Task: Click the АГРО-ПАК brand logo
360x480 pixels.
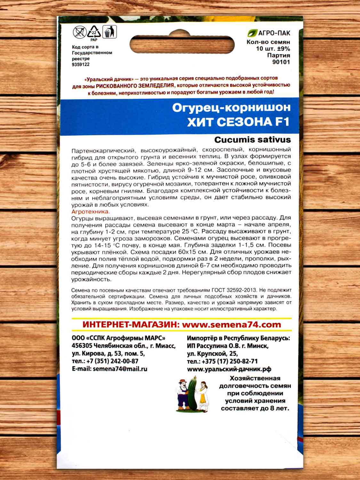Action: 269,33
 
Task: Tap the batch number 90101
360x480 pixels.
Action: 281,62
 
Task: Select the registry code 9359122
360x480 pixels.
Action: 81,64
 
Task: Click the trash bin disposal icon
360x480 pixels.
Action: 109,32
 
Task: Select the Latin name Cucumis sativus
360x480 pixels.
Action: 252,140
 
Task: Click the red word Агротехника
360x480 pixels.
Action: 91,212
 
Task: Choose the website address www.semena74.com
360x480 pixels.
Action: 231,324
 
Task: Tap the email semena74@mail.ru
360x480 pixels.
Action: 120,369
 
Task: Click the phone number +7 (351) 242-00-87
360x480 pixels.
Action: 112,361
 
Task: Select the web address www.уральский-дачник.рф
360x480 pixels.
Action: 229,369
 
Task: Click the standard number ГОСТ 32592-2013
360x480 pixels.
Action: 234,290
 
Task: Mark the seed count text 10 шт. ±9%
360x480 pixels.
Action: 273,49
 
